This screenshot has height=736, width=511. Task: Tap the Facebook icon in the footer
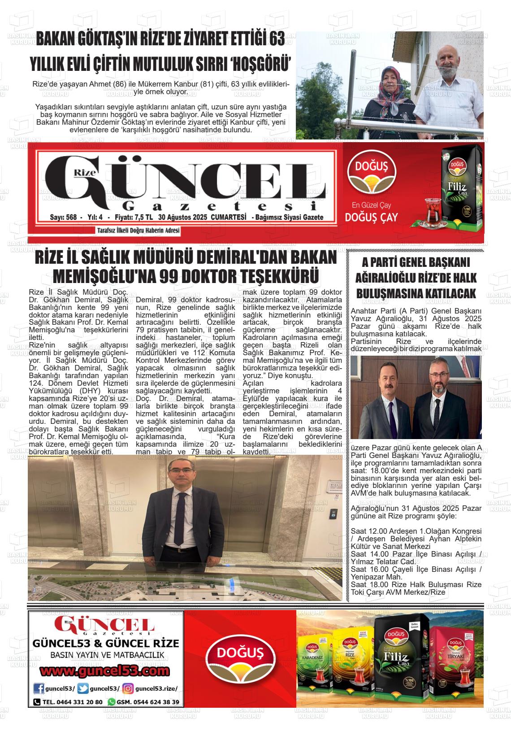tap(39, 688)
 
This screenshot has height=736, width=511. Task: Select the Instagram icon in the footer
tap(128, 688)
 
